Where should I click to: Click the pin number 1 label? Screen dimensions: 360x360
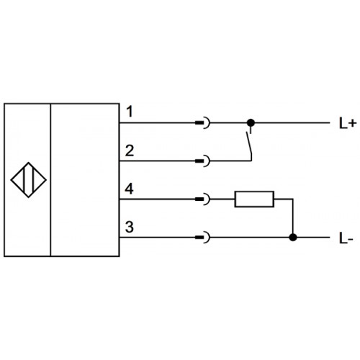pos(130,112)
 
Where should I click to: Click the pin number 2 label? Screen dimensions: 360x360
pos(130,150)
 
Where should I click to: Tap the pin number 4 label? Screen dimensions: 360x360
pos(129,189)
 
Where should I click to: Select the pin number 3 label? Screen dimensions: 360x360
pos(130,227)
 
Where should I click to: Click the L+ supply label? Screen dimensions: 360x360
pos(347,124)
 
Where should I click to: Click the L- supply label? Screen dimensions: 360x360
pos(346,238)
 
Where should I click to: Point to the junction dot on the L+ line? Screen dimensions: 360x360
pos(251,123)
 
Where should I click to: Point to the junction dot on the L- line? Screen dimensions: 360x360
pos(293,238)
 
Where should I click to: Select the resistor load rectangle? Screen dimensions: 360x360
pos(254,199)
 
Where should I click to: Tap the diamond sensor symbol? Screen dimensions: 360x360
pos(29,180)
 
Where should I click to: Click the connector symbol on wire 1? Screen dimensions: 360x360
pos(203,123)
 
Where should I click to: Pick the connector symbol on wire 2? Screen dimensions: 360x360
pos(203,161)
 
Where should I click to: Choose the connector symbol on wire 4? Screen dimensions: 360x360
pos(203,199)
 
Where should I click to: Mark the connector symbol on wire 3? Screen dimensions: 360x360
pos(203,238)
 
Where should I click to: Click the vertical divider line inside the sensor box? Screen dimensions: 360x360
pos(50,180)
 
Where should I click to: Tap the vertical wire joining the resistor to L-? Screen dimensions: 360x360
pos(293,218)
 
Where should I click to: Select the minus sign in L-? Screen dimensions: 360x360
pos(351,239)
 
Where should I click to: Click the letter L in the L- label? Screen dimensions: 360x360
pos(343,238)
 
